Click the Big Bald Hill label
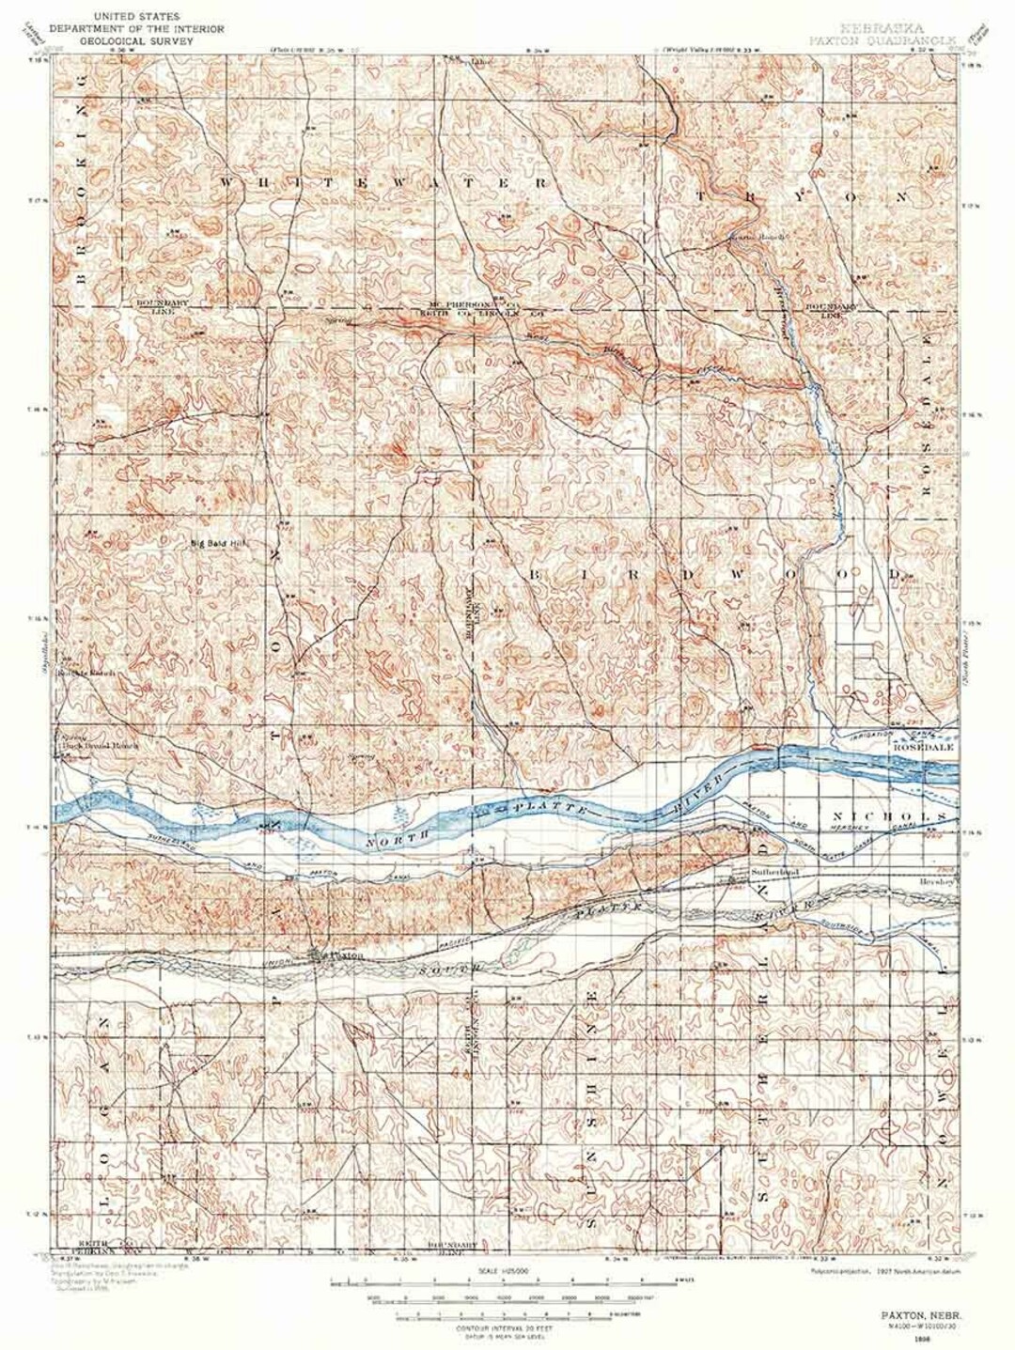[217, 542]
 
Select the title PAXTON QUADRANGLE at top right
[881, 42]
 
